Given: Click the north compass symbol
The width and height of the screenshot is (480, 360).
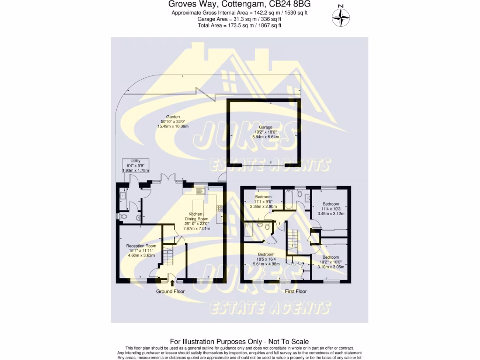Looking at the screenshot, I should click(x=341, y=17).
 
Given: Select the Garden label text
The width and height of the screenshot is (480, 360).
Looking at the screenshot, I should click(x=172, y=121).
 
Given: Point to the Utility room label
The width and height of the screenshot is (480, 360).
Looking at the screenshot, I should click(x=135, y=165).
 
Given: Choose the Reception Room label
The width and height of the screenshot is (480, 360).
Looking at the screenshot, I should click(x=141, y=250).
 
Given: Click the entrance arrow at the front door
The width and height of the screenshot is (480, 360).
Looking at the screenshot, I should click(x=172, y=283).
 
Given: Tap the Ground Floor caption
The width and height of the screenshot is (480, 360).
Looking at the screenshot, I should click(x=170, y=292).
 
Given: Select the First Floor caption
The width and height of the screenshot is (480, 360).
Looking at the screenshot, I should click(x=296, y=292).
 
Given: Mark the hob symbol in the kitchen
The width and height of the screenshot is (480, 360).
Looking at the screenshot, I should click(x=219, y=208).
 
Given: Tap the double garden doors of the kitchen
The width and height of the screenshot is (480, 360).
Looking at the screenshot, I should click(x=167, y=178).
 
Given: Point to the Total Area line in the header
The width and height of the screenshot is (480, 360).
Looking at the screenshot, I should click(x=240, y=25).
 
